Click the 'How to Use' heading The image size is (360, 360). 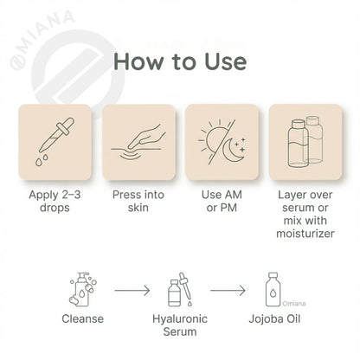click(x=180, y=62)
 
